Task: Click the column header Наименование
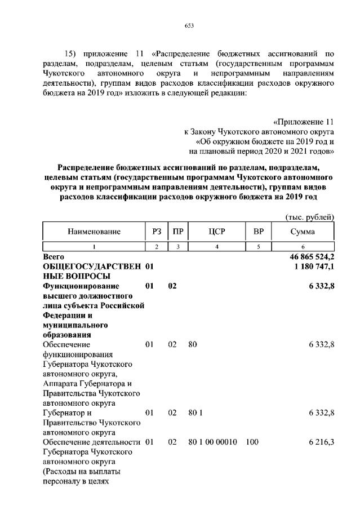94,232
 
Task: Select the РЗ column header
157,232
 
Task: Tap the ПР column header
177,232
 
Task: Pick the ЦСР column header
217,232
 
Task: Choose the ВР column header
259,232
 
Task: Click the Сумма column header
303,232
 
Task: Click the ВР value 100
252,442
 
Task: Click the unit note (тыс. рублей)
310,217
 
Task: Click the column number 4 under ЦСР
217,247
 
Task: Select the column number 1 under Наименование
94,247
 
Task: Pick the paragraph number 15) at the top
72,54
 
